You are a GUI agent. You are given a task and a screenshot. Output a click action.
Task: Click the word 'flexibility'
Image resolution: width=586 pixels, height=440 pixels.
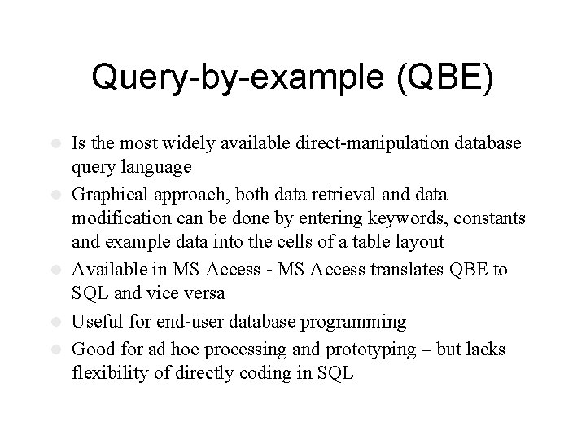coord(112,375)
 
